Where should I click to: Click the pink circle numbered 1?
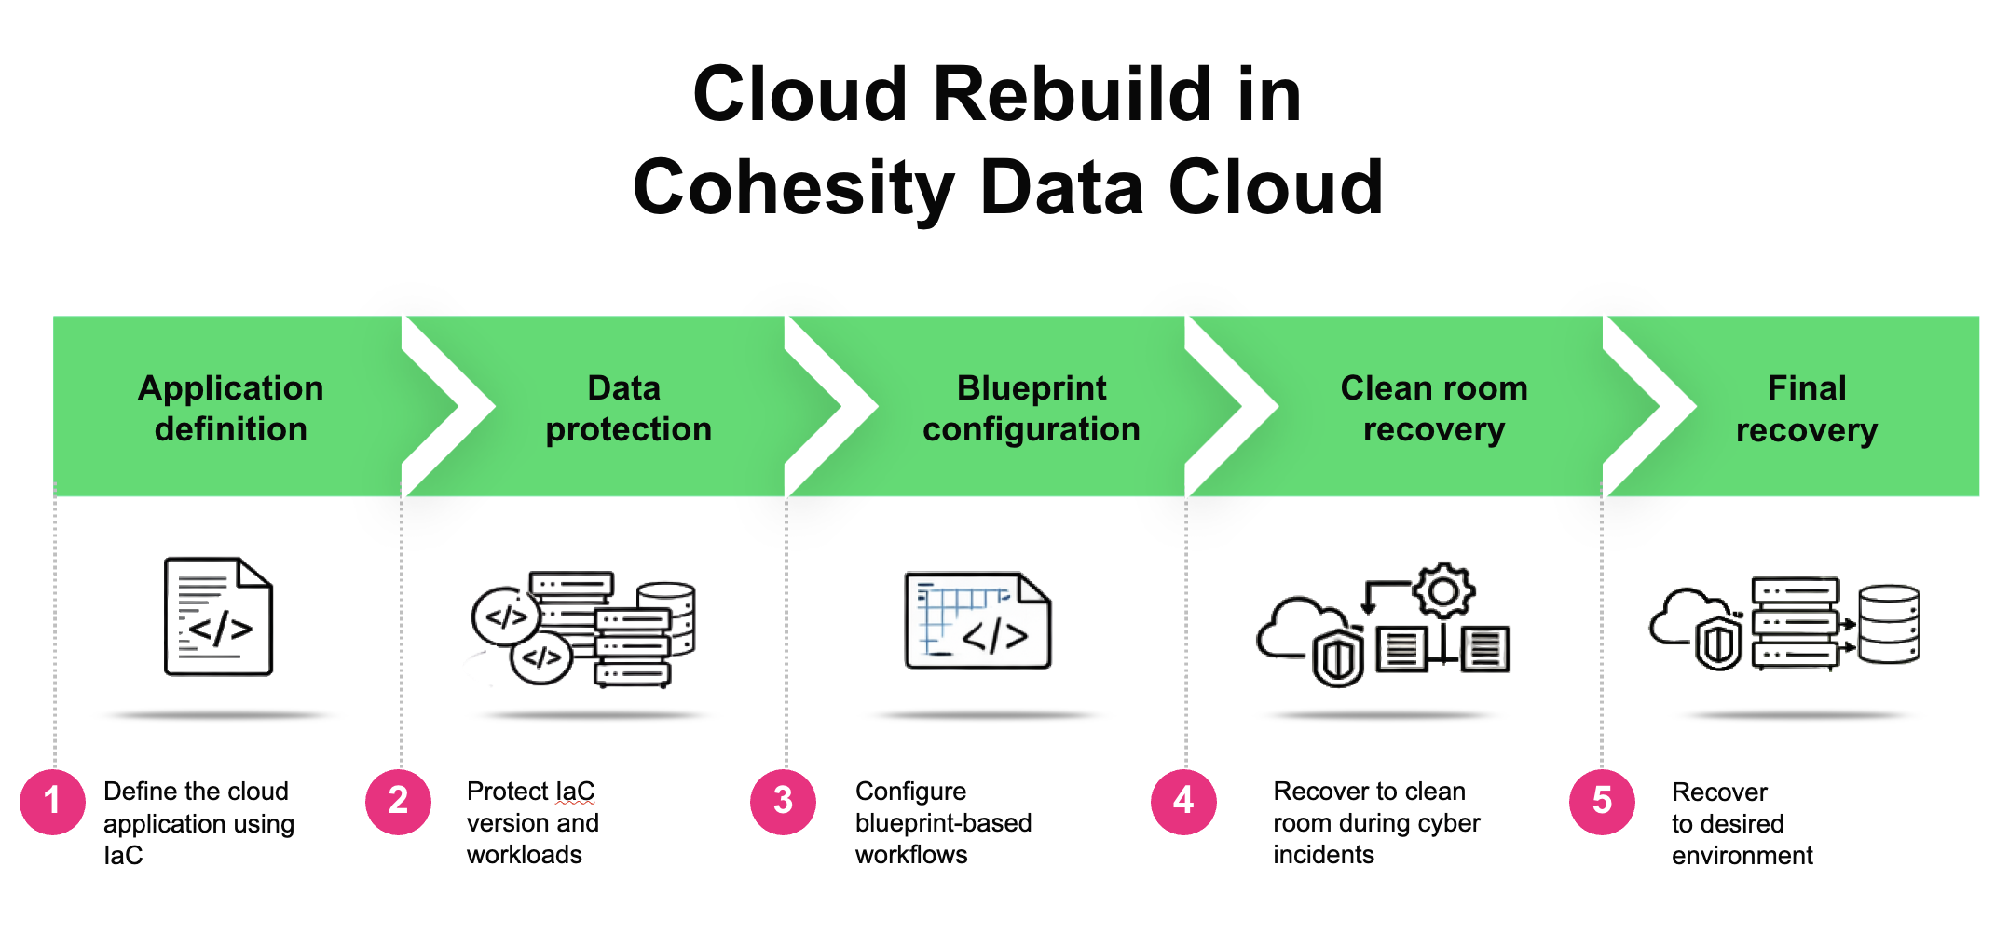click(52, 802)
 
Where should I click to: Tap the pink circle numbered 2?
click(398, 802)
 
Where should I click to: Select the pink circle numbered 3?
click(783, 802)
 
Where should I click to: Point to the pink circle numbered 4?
click(1183, 802)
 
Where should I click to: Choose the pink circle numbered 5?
click(1602, 802)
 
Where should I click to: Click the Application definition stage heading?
click(230, 408)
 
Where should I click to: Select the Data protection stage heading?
click(628, 408)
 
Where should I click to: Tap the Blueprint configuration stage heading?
click(1032, 408)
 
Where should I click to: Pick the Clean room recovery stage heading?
click(1434, 408)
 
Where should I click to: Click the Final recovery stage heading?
click(1807, 408)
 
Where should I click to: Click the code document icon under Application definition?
click(218, 616)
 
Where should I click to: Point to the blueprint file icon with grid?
click(977, 620)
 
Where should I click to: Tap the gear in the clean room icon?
click(1443, 590)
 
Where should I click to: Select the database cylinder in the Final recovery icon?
click(1890, 624)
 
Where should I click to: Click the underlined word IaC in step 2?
click(575, 792)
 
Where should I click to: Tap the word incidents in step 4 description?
click(1323, 855)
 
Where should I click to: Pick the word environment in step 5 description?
click(1742, 856)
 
